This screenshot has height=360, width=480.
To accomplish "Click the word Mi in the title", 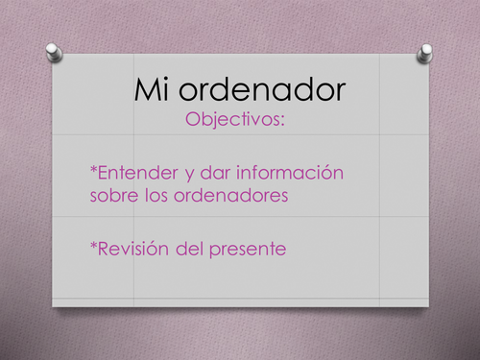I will coord(153,92).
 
